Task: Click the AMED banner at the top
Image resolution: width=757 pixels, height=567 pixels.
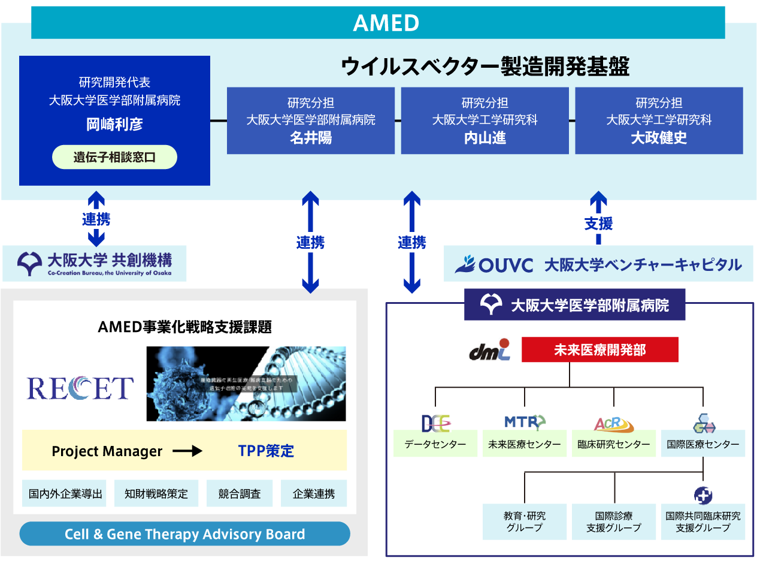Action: click(x=378, y=23)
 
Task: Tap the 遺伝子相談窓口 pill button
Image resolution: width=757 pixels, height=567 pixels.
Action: click(x=114, y=158)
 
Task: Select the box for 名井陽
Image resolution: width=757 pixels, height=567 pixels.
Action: click(x=311, y=120)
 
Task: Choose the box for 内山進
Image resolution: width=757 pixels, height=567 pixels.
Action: click(x=485, y=120)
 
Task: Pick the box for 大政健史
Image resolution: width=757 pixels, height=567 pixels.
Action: click(x=659, y=120)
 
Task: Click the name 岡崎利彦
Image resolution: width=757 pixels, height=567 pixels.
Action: click(x=114, y=124)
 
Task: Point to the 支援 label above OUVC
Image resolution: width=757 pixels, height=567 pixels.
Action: click(x=598, y=224)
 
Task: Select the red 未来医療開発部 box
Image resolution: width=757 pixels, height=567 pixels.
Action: click(x=599, y=350)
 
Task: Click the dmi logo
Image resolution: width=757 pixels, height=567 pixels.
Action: click(x=489, y=350)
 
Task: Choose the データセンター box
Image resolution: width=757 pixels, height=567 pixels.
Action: click(x=435, y=444)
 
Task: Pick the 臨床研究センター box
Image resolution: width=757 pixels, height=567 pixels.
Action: click(x=614, y=444)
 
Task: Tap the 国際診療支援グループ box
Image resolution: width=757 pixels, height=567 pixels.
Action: click(x=614, y=521)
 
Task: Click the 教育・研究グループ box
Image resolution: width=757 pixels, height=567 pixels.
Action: click(x=525, y=521)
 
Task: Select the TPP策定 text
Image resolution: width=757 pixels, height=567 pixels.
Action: click(x=266, y=451)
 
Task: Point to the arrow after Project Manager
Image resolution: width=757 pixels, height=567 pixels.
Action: click(x=187, y=451)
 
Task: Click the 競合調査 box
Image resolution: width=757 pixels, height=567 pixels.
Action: click(x=240, y=494)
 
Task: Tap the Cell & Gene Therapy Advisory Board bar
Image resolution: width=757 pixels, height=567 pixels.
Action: click(x=184, y=534)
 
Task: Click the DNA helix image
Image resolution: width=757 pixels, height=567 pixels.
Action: click(x=246, y=384)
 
